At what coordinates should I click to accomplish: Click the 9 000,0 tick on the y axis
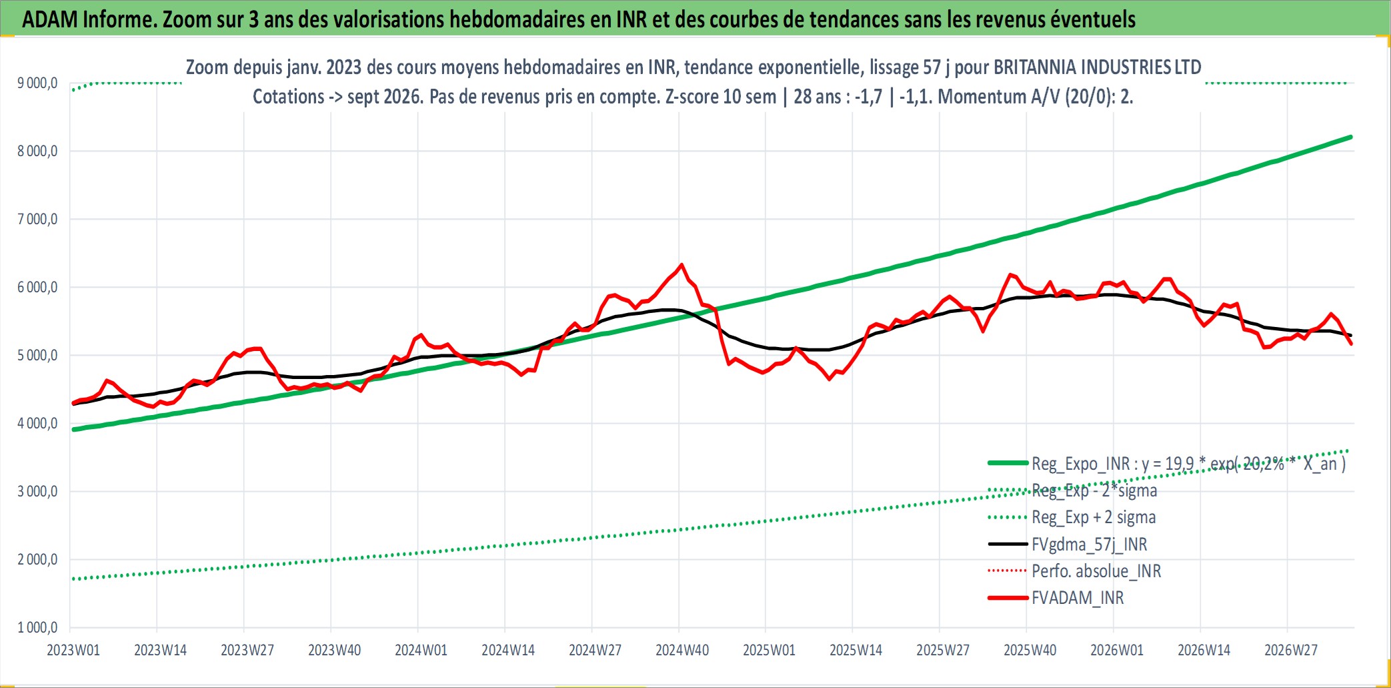pos(37,83)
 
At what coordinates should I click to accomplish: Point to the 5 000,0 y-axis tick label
pos(37,355)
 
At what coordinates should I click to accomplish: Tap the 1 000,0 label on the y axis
pos(37,627)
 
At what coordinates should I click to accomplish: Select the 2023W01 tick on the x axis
pos(73,650)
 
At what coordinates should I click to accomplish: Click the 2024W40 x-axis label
pos(682,650)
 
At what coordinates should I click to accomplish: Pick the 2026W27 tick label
pos(1291,650)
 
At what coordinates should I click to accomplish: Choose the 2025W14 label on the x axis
pos(856,650)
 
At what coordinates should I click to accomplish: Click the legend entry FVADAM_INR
pos(1078,598)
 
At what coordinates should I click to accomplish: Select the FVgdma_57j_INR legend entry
pos(1090,545)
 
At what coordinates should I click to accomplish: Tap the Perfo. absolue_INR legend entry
pos(1096,571)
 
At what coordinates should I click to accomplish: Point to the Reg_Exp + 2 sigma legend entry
pos(1094,517)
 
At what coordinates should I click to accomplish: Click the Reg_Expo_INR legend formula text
pos(1188,464)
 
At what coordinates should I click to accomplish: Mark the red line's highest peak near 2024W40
pos(681,265)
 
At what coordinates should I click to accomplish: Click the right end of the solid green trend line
pos(1351,137)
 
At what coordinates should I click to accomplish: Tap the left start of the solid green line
pos(73,430)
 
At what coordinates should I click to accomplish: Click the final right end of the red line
pos(1351,344)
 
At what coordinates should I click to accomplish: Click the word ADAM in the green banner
pos(50,19)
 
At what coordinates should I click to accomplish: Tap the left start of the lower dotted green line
pos(73,579)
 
